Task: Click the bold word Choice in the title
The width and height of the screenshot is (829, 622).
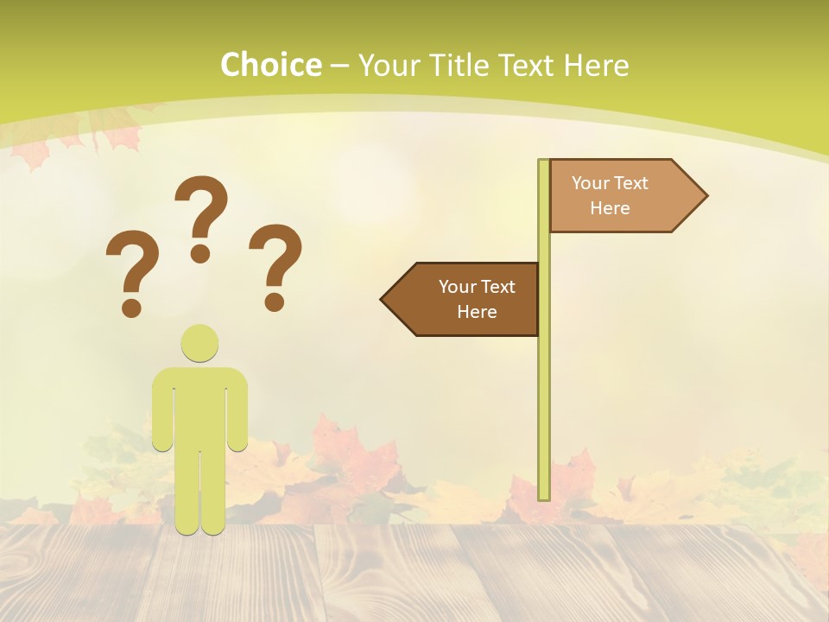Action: click(x=270, y=65)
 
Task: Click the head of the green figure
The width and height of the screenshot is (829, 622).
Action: click(x=199, y=343)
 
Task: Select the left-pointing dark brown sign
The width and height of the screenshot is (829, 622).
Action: click(x=462, y=299)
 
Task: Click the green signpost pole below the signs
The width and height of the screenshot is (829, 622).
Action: click(x=544, y=415)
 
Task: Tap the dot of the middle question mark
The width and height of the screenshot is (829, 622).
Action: click(x=200, y=254)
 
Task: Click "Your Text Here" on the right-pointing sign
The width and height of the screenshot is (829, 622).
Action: click(x=610, y=195)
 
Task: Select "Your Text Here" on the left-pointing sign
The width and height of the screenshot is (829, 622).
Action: click(x=477, y=299)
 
